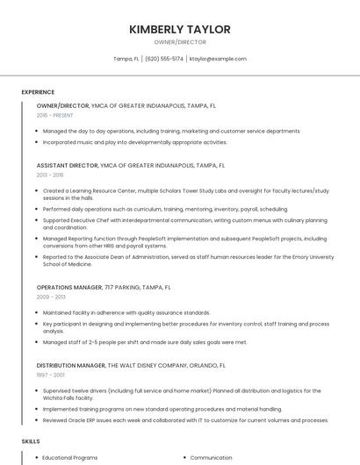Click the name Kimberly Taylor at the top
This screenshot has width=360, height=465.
tap(180, 29)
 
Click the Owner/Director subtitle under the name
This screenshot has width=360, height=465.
tap(180, 41)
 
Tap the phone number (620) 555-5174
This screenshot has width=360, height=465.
tap(164, 59)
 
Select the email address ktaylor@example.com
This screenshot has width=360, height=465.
tap(218, 59)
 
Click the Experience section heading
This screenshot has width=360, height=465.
tap(38, 92)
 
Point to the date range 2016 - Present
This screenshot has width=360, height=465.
tap(54, 115)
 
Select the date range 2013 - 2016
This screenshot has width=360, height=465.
tap(51, 175)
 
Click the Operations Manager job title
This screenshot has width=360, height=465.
tap(69, 287)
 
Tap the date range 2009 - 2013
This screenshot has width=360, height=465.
tap(51, 297)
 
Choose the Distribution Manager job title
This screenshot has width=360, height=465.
tap(71, 364)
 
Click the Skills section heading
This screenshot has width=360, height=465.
tap(31, 441)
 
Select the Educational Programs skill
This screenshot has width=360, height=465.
tap(70, 457)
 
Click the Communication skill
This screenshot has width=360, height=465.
tap(211, 457)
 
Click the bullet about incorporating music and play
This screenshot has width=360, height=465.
tap(134, 141)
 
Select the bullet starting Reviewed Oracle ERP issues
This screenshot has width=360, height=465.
tap(185, 420)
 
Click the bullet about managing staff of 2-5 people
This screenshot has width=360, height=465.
tap(145, 342)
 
